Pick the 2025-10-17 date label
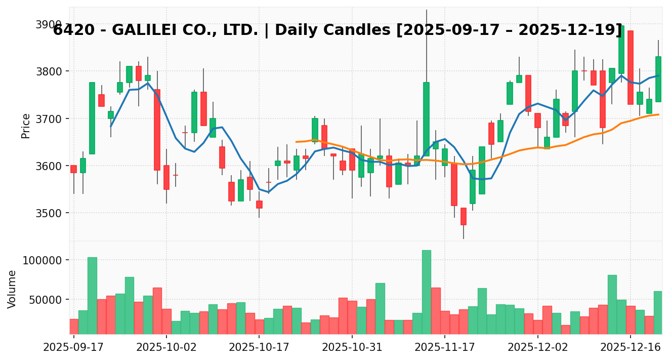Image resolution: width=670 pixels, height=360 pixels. pyautogui.click(x=259, y=348)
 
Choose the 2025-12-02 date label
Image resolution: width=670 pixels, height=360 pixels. pyautogui.click(x=537, y=348)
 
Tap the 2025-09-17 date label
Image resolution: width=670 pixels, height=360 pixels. pyautogui.click(x=74, y=348)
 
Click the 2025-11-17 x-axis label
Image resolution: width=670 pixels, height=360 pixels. pyautogui.click(x=444, y=348)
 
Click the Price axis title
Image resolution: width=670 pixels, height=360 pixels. pyautogui.click(x=26, y=126)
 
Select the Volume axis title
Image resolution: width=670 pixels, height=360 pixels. pyautogui.click(x=12, y=289)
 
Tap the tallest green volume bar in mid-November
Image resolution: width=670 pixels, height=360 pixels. pyautogui.click(x=426, y=292)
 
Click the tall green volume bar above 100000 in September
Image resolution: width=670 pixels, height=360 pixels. pyautogui.click(x=92, y=295)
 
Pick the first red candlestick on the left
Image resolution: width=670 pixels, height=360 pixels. pyautogui.click(x=73, y=169)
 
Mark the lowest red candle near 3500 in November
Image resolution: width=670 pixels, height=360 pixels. pyautogui.click(x=463, y=216)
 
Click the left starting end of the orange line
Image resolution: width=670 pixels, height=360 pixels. pyautogui.click(x=296, y=142)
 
